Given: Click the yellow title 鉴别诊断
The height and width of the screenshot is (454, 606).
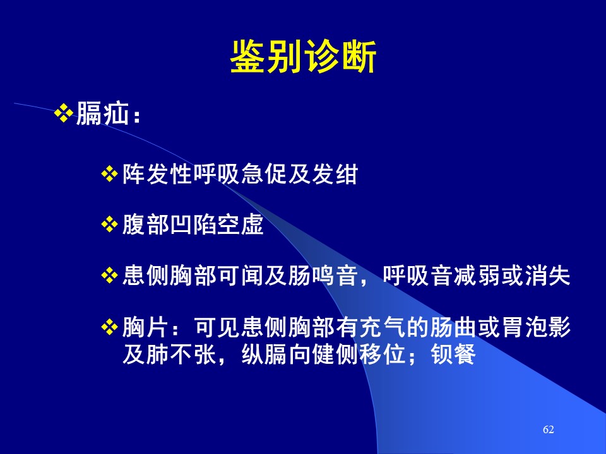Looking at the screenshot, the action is click(x=304, y=57).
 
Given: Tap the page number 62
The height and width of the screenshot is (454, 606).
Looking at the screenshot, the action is click(x=549, y=429).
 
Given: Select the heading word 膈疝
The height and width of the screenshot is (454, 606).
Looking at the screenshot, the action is click(x=102, y=113).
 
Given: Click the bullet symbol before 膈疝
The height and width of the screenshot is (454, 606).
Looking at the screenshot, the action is click(x=64, y=113).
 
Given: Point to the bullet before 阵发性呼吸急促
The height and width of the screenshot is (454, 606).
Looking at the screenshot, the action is click(x=109, y=174).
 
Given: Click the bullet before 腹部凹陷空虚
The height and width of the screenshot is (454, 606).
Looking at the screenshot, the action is click(x=109, y=224).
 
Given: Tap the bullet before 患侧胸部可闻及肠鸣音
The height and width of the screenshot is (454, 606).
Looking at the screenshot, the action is click(x=109, y=276).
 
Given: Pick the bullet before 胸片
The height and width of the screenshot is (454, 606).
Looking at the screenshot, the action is click(x=109, y=327).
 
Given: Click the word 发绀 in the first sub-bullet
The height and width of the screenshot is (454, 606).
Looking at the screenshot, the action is click(x=335, y=174).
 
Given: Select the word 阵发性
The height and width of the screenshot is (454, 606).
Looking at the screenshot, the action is click(x=158, y=174).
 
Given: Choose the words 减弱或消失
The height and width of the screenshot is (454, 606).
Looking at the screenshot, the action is click(x=513, y=276).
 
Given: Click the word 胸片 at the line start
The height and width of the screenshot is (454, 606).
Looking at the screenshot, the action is click(x=146, y=327).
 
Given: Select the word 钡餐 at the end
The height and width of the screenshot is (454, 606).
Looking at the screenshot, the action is click(x=453, y=354).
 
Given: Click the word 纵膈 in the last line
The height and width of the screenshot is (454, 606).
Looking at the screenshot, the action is click(x=264, y=354).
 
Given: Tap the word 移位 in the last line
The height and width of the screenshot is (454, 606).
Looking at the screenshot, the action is click(x=383, y=354).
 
